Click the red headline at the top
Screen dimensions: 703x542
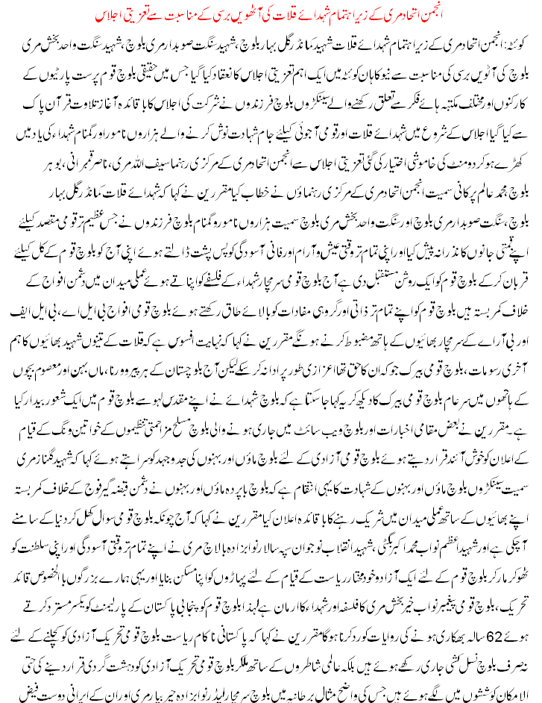tap(271, 16)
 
